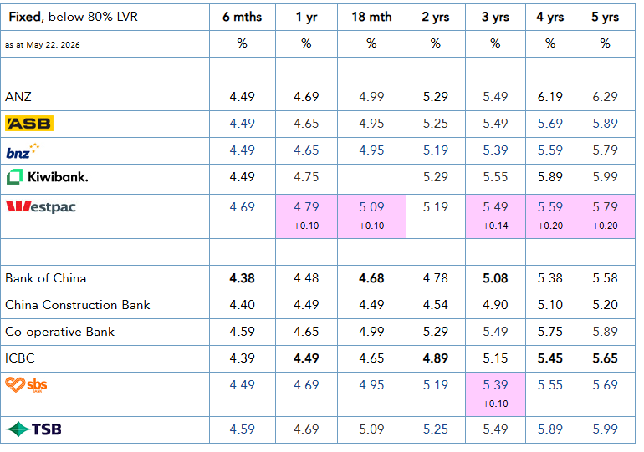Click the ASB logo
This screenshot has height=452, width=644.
pyautogui.click(x=29, y=124)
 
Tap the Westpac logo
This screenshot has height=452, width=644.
pyautogui.click(x=41, y=206)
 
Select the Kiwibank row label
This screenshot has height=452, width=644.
pyautogui.click(x=47, y=177)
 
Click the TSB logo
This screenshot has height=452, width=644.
pyautogui.click(x=33, y=429)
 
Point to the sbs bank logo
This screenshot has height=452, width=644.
pyautogui.click(x=26, y=384)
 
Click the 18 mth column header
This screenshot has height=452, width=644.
pyautogui.click(x=371, y=17)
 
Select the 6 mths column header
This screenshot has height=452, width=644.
pyautogui.click(x=242, y=17)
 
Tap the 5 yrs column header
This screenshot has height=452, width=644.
pyautogui.click(x=605, y=18)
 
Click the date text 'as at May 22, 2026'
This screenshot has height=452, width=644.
pyautogui.click(x=43, y=45)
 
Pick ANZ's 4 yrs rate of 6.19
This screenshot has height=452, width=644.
pyautogui.click(x=550, y=97)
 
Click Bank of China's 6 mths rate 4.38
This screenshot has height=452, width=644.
pyautogui.click(x=242, y=278)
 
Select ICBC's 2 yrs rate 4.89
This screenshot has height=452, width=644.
pyautogui.click(x=436, y=358)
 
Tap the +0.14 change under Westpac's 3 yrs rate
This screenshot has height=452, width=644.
pyautogui.click(x=495, y=226)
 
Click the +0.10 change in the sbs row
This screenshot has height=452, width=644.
pyautogui.click(x=495, y=404)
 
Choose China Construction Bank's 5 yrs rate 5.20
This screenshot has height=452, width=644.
pyautogui.click(x=605, y=305)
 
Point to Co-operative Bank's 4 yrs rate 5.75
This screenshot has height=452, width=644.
pyautogui.click(x=550, y=332)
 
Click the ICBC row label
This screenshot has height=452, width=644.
pyautogui.click(x=20, y=358)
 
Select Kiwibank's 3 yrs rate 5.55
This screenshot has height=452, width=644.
pyautogui.click(x=495, y=177)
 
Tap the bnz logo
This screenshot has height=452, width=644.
pyautogui.click(x=23, y=151)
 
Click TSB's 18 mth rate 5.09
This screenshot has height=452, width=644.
pyautogui.click(x=371, y=429)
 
